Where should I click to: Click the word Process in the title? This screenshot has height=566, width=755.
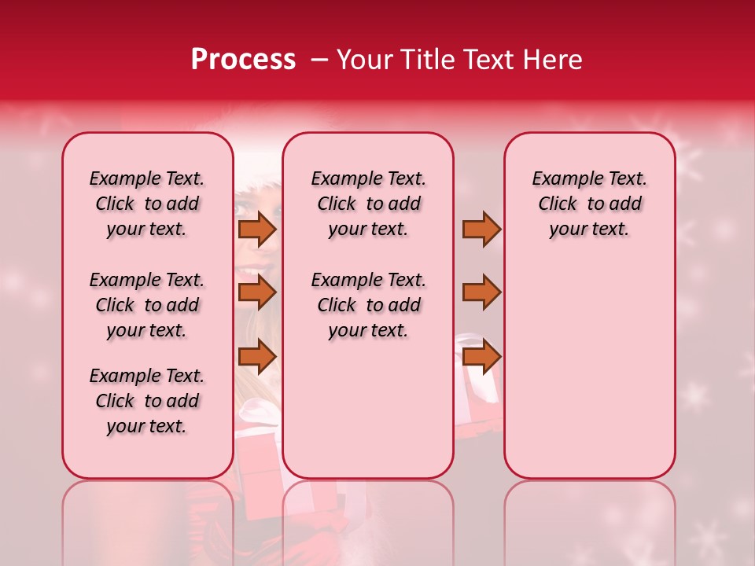pos(243,60)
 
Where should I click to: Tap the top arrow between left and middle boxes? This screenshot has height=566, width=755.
pos(257,229)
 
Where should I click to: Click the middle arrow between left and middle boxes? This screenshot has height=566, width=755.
pos(257,292)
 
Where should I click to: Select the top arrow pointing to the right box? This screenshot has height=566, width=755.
pos(481,229)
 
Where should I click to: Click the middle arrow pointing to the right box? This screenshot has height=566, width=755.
pos(481,292)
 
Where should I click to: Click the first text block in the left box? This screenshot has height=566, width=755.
pos(147,204)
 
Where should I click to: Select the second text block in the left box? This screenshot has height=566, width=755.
pos(147,305)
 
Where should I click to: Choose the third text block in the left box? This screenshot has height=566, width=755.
pos(147,401)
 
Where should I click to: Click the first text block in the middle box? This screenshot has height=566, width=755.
pos(368,204)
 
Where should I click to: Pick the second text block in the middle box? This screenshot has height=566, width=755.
pos(368,305)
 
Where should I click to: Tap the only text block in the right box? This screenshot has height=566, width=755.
pos(589,204)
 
